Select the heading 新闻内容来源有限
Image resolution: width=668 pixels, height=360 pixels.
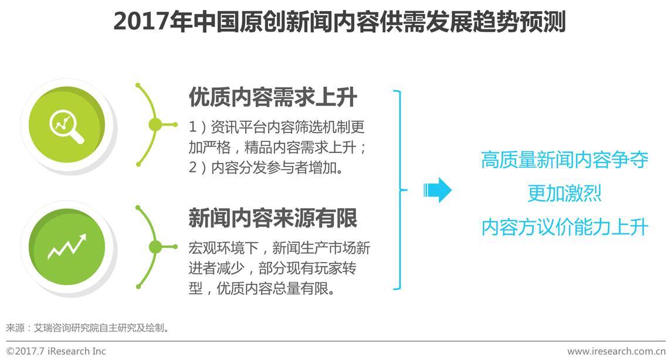272,218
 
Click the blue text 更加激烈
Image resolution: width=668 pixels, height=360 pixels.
564,193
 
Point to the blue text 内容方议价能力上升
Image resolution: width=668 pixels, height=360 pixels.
564,227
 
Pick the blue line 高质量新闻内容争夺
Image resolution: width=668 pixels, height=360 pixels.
564,159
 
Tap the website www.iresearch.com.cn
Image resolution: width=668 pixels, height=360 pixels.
616,351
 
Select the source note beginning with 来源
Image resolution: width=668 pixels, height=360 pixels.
88,327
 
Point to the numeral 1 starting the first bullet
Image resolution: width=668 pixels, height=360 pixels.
192,127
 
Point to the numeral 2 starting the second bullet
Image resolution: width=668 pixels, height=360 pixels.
192,168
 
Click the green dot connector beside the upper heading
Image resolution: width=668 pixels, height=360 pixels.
155,124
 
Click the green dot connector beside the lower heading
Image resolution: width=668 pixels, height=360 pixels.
155,247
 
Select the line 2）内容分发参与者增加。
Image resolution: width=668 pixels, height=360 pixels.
266,168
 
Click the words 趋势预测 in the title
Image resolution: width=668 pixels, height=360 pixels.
520,22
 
